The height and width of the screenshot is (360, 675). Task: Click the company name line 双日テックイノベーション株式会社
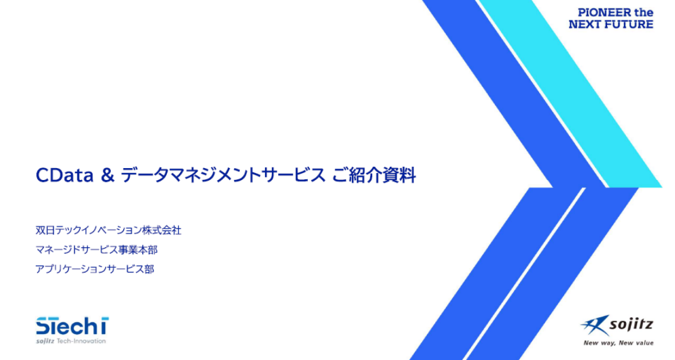tap(108, 230)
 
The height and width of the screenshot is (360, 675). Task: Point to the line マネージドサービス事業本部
tap(96, 250)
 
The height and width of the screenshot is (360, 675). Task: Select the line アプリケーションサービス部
tap(94, 269)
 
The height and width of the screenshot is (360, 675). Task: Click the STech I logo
tap(72, 326)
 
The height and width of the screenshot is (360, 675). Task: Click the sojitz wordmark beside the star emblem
tap(632, 325)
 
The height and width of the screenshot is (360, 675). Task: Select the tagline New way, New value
tap(618, 343)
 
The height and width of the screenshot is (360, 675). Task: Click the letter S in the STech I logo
tap(42, 326)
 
